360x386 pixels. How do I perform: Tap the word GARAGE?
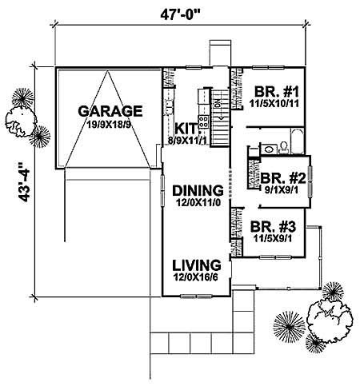pos(110,110)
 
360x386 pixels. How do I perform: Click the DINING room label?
pos(195,190)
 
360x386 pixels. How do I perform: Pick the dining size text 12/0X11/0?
pos(196,205)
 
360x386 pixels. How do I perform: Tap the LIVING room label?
pos(195,264)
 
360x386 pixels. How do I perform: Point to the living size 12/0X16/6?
pos(196,278)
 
